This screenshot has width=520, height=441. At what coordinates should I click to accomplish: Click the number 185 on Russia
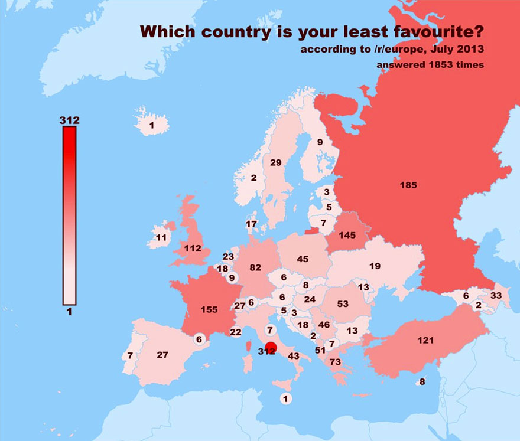tap(408, 185)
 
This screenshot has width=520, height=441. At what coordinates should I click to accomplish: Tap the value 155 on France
tap(209, 309)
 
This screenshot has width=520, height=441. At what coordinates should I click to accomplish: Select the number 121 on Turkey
tap(425, 341)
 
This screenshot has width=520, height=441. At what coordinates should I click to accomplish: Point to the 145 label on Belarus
tap(347, 236)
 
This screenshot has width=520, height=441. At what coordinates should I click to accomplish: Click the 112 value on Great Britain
tap(193, 249)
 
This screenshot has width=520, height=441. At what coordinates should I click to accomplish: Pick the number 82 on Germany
tap(255, 267)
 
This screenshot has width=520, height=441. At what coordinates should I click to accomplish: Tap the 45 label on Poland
tap(303, 259)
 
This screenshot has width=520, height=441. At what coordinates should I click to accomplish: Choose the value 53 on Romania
tap(343, 304)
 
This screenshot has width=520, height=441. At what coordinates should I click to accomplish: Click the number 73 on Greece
tap(336, 362)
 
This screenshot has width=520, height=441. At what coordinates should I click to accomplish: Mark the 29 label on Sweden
tap(275, 163)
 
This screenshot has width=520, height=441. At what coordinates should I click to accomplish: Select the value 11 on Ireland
tap(161, 238)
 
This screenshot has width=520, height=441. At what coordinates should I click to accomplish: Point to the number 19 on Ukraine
tap(375, 266)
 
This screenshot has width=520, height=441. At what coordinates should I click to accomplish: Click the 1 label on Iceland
tap(151, 125)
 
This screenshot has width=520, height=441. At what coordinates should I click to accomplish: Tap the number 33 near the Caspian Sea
tap(495, 296)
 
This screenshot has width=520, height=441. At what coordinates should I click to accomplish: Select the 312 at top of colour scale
tap(69, 121)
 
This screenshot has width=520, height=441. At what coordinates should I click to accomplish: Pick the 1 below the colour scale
tap(69, 312)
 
